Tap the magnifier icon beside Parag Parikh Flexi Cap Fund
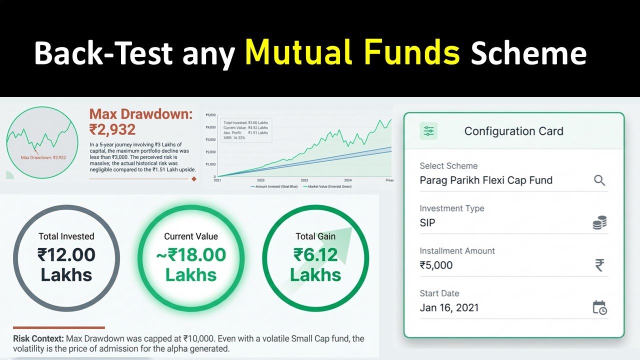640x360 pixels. [599, 180]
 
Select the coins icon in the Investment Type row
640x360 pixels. [599, 223]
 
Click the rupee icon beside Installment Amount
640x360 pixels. [599, 265]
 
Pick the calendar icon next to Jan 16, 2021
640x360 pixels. [599, 307]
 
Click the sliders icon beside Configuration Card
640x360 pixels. [429, 131]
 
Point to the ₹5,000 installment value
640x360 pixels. [436, 265]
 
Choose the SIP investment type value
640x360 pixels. [427, 223]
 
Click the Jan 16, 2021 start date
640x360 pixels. [449, 307]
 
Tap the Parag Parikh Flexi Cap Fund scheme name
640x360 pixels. [486, 180]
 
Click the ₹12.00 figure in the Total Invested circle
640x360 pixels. [66, 255]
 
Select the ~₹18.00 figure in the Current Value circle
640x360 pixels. [190, 255]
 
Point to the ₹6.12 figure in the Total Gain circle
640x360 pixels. [315, 255]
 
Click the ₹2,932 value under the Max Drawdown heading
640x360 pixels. [112, 130]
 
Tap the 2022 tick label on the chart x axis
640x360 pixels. [260, 180]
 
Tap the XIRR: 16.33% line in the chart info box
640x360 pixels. [234, 137]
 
